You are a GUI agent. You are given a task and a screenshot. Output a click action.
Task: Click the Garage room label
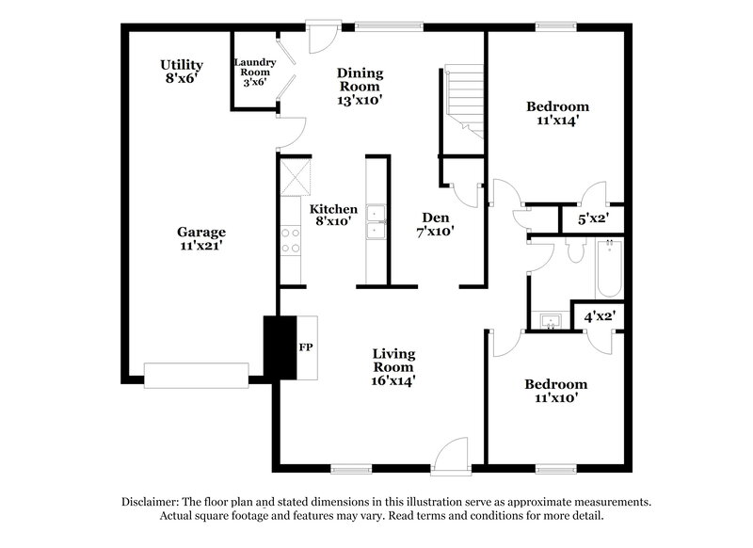click(201, 237)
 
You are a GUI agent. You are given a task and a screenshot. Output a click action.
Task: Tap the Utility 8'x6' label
click(182, 72)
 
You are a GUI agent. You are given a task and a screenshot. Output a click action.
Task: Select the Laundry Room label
click(254, 73)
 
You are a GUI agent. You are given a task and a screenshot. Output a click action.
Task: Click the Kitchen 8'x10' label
click(333, 215)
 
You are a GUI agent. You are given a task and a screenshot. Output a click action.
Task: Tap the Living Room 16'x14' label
click(392, 367)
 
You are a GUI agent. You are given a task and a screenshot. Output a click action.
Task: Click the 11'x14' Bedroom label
click(557, 113)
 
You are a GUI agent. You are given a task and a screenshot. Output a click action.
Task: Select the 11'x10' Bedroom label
click(555, 391)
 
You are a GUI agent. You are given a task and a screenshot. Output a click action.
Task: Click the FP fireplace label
click(306, 347)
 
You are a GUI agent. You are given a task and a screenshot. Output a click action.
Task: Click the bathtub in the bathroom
click(608, 268)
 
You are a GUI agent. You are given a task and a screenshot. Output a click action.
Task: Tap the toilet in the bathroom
click(576, 248)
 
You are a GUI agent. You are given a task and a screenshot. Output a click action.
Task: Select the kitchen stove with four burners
click(290, 241)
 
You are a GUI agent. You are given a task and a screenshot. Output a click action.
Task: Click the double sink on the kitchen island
click(376, 221)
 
